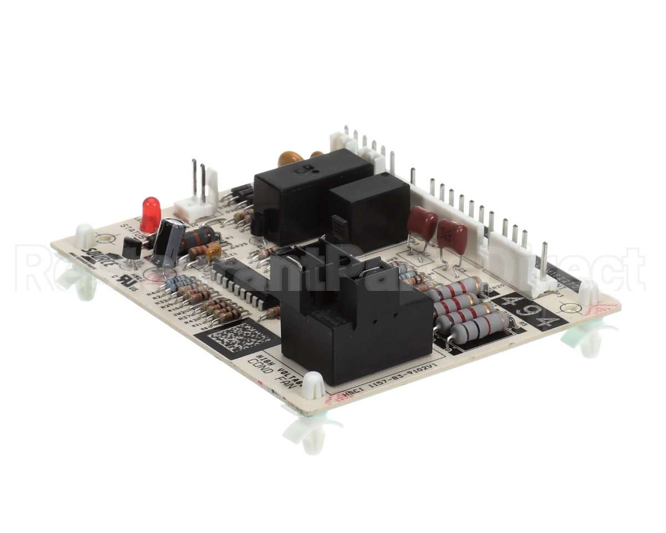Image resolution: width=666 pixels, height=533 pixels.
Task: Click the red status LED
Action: tap(150, 214)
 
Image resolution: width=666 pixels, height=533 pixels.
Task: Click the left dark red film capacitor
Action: tap(422, 224)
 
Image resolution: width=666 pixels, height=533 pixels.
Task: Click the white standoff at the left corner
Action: tap(85, 237)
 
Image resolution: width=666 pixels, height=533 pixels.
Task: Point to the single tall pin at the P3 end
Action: tap(543, 260)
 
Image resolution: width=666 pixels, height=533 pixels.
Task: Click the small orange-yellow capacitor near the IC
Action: tap(214, 253)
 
